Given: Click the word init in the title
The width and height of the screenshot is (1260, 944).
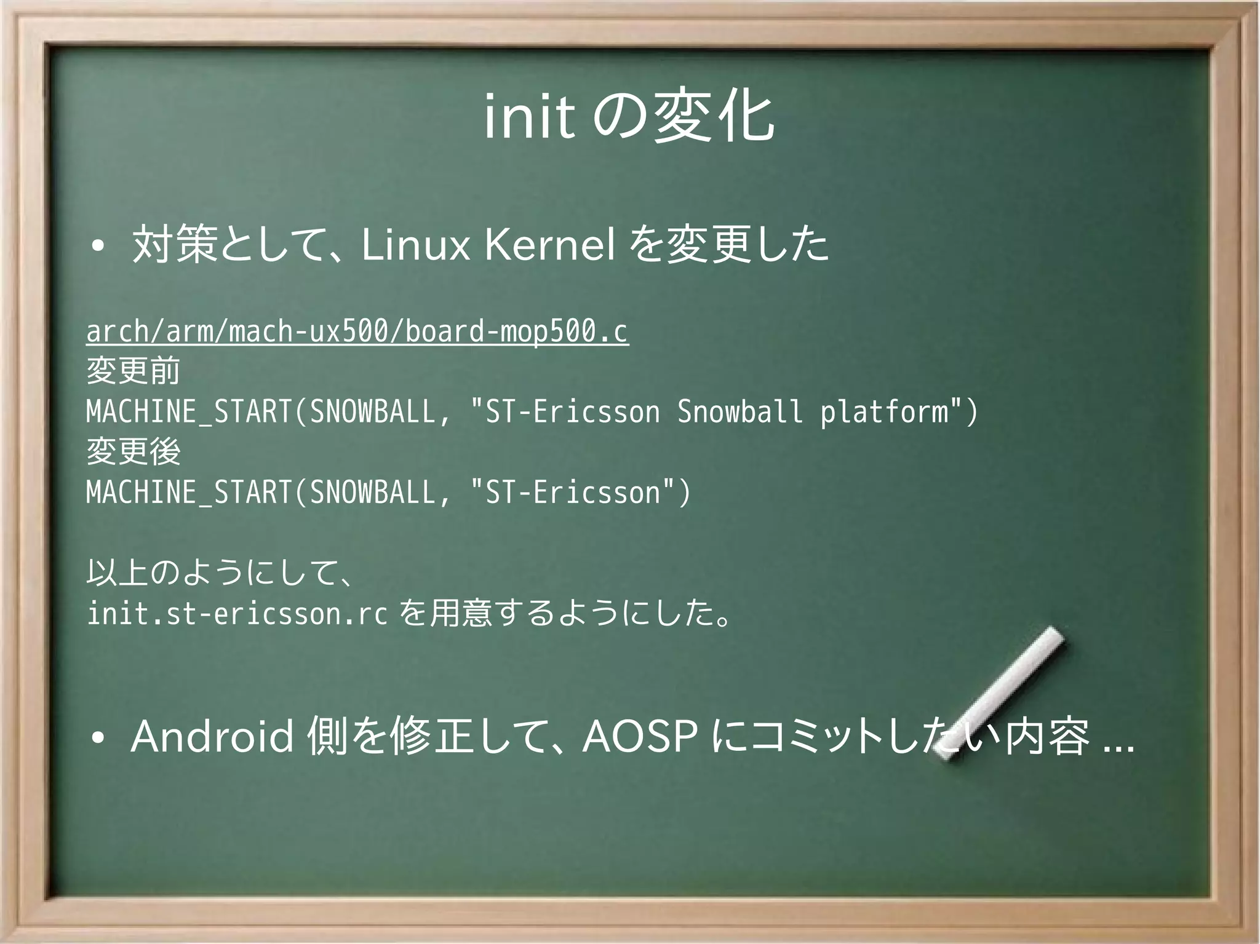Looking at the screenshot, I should [x=529, y=119].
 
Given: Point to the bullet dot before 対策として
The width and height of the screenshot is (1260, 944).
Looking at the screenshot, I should [x=97, y=248].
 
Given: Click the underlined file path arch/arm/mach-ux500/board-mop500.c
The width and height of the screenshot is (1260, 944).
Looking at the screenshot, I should [x=357, y=332].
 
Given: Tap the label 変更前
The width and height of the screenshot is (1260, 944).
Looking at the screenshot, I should [x=133, y=371].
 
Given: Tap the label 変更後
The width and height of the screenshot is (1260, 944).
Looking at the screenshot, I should [x=133, y=452].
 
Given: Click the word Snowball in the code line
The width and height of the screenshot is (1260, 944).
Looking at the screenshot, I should [x=740, y=411].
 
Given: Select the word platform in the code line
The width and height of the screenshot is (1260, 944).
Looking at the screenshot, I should [x=884, y=411].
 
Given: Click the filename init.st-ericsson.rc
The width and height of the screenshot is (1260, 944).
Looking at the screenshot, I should [x=237, y=613].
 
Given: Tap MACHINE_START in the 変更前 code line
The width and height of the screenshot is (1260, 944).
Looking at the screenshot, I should [x=188, y=411].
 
